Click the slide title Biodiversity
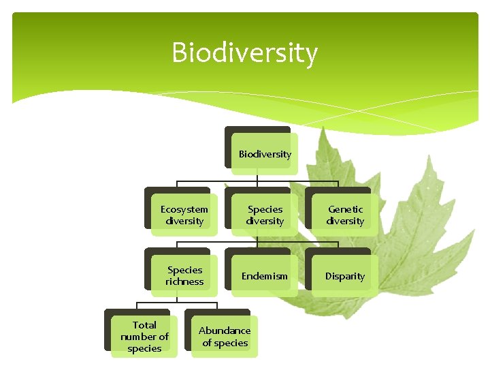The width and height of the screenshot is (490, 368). point(244,52)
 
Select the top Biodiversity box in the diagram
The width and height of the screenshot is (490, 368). point(264,154)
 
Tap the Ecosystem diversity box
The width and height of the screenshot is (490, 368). point(184,215)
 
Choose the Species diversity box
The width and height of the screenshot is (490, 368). point(264,215)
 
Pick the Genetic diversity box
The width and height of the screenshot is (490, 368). point(344,215)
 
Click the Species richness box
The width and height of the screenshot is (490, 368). point(184,275)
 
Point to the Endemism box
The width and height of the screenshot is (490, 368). point(264,276)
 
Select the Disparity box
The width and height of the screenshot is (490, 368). point(344,276)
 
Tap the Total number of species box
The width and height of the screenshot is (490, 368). point(144,337)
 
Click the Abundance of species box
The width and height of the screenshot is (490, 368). point(225,337)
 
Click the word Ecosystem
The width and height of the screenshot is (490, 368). point(184,209)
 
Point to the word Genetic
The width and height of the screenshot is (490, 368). point(345,209)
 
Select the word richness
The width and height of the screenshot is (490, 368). point(184,281)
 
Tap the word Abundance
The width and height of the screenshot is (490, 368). point(225,331)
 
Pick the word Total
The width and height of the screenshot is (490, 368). point(144,325)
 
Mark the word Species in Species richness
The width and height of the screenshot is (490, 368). point(184,270)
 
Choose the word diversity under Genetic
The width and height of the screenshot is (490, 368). point(345,221)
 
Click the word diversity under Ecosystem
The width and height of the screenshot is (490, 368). point(184,221)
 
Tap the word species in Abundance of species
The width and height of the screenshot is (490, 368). point(231,343)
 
